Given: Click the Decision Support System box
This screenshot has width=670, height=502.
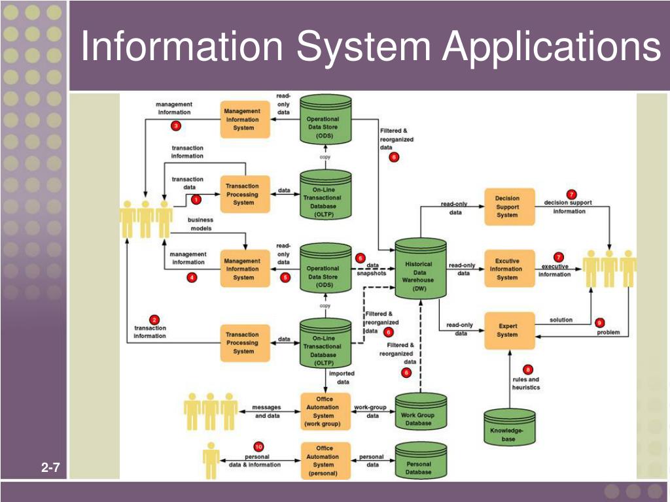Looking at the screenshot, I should [507, 207].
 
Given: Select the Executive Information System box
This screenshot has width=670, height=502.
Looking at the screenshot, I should [507, 269].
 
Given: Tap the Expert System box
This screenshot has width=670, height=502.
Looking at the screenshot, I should [507, 330].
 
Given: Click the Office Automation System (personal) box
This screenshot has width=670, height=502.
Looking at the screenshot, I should [325, 461].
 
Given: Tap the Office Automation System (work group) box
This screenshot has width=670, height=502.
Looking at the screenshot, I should [325, 412].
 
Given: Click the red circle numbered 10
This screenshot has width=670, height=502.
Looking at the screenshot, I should [258, 446].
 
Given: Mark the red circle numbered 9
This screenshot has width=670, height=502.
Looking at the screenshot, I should [599, 322].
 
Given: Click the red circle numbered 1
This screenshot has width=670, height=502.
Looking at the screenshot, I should [195, 199].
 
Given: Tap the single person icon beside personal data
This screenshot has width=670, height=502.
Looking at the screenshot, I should [211, 460].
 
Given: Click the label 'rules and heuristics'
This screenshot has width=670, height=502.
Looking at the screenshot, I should [525, 384].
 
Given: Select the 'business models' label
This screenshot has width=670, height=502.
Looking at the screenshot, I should [200, 224].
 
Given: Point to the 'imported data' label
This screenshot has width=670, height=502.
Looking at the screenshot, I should [342, 378].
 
